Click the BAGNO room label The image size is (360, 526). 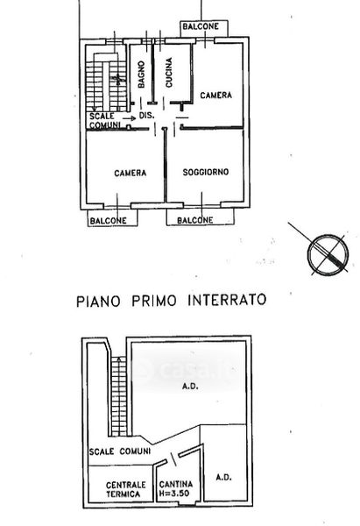141,75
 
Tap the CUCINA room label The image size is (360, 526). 169,73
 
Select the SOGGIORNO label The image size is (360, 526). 206,172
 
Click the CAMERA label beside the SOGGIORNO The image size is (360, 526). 131,173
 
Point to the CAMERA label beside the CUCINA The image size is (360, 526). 215,96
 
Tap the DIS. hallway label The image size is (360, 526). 147,116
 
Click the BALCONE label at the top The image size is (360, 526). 201,26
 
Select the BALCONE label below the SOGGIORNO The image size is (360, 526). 195,220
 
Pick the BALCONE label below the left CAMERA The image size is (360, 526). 109,221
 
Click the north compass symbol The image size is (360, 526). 328,253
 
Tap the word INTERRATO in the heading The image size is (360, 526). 227,300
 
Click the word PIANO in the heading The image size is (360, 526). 98,301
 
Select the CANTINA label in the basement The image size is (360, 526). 176,485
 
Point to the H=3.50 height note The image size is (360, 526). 174,494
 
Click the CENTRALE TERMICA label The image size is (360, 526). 126,489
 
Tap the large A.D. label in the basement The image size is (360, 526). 190,387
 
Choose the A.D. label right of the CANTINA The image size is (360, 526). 223,478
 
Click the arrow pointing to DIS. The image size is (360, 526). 129,118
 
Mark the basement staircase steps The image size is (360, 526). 119,396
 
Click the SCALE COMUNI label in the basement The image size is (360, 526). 120,451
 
